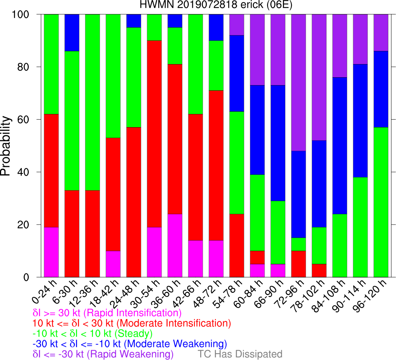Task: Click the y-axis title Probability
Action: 6,146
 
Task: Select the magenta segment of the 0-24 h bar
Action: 51,252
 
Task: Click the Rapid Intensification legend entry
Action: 107,313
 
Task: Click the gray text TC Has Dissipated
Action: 240,354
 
